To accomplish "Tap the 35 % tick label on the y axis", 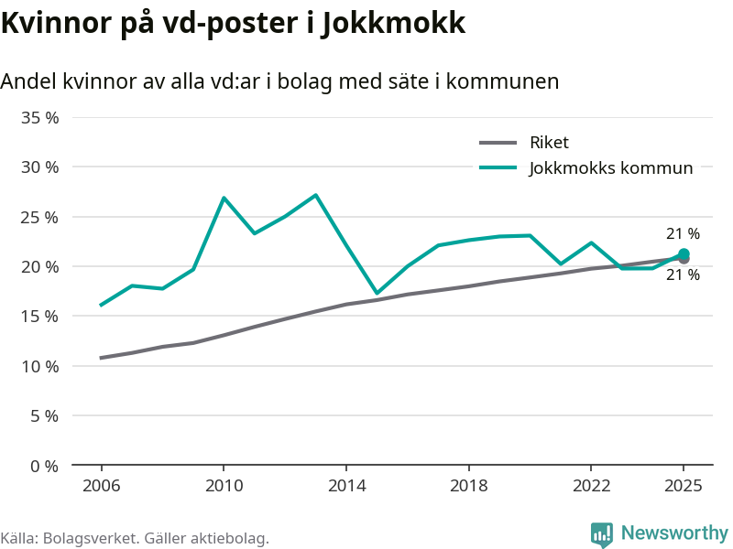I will (x=40, y=118).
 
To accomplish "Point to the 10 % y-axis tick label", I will (x=40, y=366).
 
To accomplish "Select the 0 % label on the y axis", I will (x=44, y=466).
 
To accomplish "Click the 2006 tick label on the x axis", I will (x=101, y=486).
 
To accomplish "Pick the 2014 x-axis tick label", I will (x=345, y=486).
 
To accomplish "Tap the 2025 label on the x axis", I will (x=683, y=486).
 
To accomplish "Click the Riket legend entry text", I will (x=549, y=143).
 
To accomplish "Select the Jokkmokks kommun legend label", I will (x=610, y=167).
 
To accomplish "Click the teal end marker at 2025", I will (x=684, y=254).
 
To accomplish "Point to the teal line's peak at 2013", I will (x=315, y=195).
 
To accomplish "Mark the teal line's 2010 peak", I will (x=224, y=198).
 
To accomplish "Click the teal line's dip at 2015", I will (x=377, y=294).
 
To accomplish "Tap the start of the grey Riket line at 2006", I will (x=101, y=358).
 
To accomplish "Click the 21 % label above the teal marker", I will (x=683, y=234).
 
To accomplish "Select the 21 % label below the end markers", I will (x=683, y=275).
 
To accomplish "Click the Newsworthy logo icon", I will (x=601, y=534).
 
